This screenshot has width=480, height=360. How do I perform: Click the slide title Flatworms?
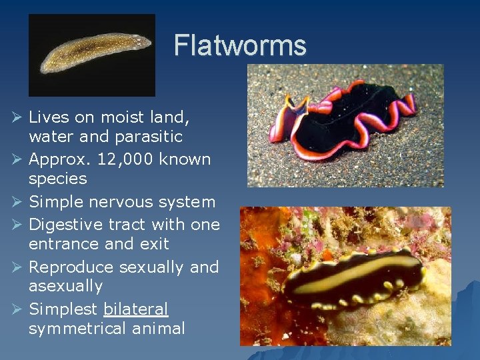pos(240,46)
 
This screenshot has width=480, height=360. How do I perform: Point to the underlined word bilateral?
pos(136,309)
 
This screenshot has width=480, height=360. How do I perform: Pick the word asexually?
pos(65,287)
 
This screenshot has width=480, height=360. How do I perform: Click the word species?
pos(57,179)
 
